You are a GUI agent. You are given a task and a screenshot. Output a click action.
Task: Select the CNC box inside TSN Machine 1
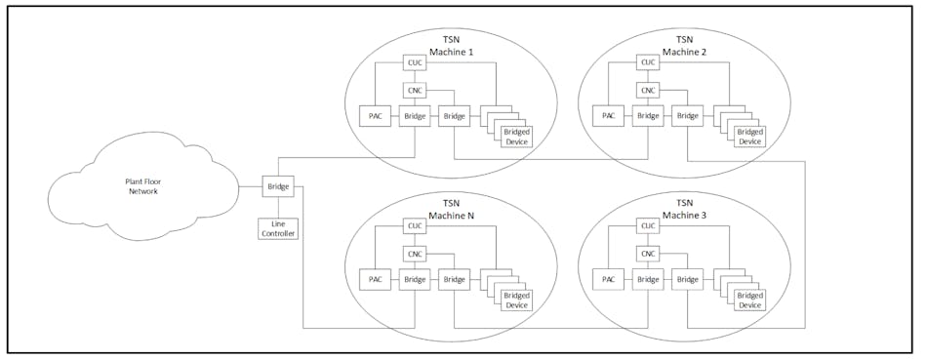tap(414, 91)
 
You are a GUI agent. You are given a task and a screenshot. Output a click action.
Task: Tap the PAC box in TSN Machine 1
tap(375, 116)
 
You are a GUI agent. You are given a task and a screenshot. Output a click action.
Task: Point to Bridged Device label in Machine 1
tap(516, 136)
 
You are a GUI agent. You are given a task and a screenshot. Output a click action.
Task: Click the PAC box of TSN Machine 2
tap(609, 116)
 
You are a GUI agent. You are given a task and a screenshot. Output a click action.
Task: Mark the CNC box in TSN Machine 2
tap(648, 91)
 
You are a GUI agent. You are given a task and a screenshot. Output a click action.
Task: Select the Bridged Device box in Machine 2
tap(750, 136)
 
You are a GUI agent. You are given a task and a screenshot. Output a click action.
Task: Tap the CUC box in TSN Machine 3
tap(648, 226)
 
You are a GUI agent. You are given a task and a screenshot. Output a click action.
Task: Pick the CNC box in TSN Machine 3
tap(648, 253)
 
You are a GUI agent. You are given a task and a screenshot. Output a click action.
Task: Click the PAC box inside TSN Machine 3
tap(609, 279)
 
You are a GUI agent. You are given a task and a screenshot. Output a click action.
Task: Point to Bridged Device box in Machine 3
tap(750, 299)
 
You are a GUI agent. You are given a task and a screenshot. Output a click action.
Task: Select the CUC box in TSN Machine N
tap(414, 226)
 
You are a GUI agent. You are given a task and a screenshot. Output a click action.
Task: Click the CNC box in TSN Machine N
tap(414, 253)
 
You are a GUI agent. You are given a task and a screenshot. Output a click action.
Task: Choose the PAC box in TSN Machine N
tap(375, 279)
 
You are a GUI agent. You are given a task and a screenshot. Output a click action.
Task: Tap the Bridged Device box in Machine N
tap(516, 299)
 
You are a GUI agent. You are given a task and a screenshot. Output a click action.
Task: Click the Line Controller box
tap(276, 228)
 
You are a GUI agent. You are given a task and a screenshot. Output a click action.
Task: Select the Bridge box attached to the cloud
tap(276, 185)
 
